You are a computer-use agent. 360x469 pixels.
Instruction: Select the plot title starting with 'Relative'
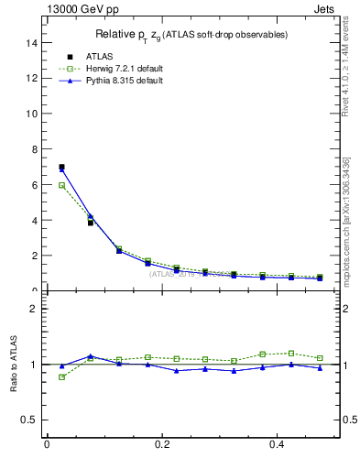pos(191,35)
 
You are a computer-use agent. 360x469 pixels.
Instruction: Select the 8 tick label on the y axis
pos(33,149)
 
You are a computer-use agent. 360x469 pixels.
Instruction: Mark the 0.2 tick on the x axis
pos(162,444)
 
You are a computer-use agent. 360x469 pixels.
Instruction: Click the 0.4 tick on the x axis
pos(278,444)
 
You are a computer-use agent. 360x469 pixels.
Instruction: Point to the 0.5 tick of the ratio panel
pos(29,420)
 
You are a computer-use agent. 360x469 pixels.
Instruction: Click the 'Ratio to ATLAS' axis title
pos(13,365)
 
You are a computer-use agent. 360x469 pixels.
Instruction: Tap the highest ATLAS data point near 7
pos(61,167)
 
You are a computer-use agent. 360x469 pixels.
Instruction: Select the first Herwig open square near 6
pos(61,185)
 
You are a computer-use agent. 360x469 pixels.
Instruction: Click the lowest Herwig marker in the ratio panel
pos(61,376)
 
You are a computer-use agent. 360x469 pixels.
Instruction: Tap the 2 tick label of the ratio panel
pos(33,309)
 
